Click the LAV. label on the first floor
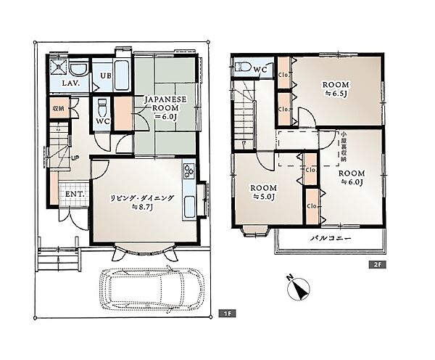pos(71,83)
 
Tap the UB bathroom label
pos(106,75)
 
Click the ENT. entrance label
pos(75,195)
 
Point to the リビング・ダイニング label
pos(142,198)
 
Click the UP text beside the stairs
pos(75,158)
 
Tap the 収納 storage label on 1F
pos(58,108)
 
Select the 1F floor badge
pos(227,314)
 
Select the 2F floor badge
pos(378,265)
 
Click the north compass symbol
pos(298,289)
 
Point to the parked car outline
pos(152,290)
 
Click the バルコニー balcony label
pos(331,238)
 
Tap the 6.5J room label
pos(336,89)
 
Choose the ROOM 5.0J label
pos(264,192)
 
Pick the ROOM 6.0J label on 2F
pos(352,178)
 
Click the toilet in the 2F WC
pos(243,67)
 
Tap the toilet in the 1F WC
pos(102,108)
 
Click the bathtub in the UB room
pos(122,75)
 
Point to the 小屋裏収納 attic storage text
pos(344,147)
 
